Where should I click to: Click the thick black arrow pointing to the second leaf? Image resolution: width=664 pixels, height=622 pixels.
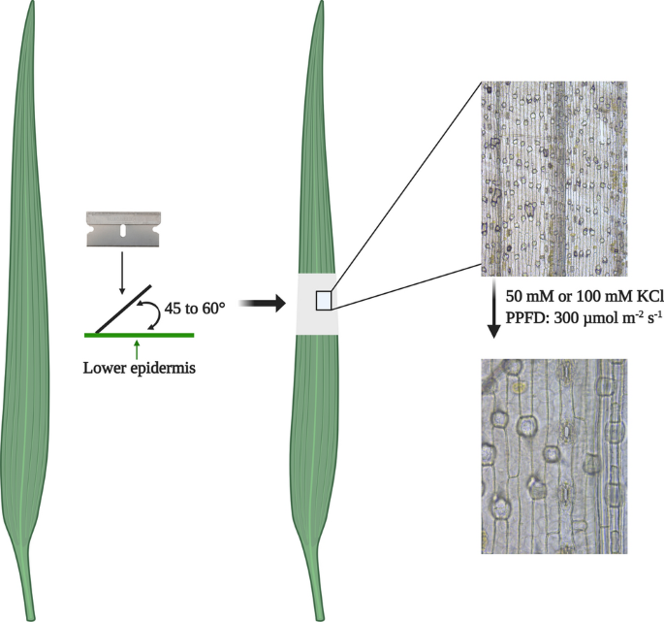point(262,305)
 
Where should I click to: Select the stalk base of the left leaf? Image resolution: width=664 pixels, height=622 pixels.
point(34,602)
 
